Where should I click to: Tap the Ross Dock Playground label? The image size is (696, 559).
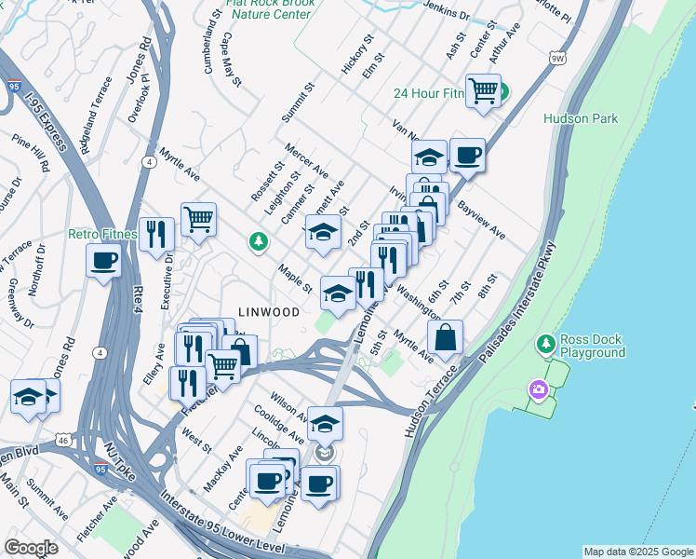click(x=593, y=346)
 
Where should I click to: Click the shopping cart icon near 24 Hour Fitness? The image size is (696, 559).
click(x=484, y=91)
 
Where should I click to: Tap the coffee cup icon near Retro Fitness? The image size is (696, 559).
click(x=104, y=260)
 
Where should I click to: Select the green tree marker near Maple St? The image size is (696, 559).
click(x=259, y=242)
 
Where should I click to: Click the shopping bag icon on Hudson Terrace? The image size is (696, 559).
click(x=447, y=337)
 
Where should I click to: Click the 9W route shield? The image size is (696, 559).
click(x=556, y=59)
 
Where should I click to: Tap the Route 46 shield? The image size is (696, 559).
click(x=61, y=439)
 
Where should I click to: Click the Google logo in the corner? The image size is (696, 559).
click(x=31, y=548)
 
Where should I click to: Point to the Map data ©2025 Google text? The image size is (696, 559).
click(x=638, y=552)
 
